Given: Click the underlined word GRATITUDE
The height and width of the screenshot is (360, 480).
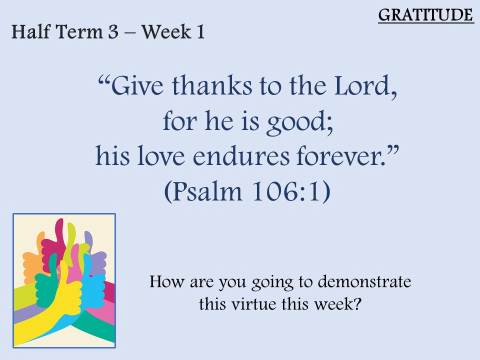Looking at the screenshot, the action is [426, 15].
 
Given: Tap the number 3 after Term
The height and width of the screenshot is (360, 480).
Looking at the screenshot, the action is [113, 32].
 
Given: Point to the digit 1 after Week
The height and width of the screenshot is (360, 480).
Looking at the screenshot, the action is [201, 32].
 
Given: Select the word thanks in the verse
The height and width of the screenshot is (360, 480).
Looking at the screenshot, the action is [212, 85].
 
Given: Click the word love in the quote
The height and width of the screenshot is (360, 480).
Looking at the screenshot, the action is [161, 156].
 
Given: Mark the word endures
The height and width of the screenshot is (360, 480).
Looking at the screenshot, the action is [241, 156].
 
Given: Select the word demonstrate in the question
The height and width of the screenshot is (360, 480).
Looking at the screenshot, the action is [364, 281].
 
